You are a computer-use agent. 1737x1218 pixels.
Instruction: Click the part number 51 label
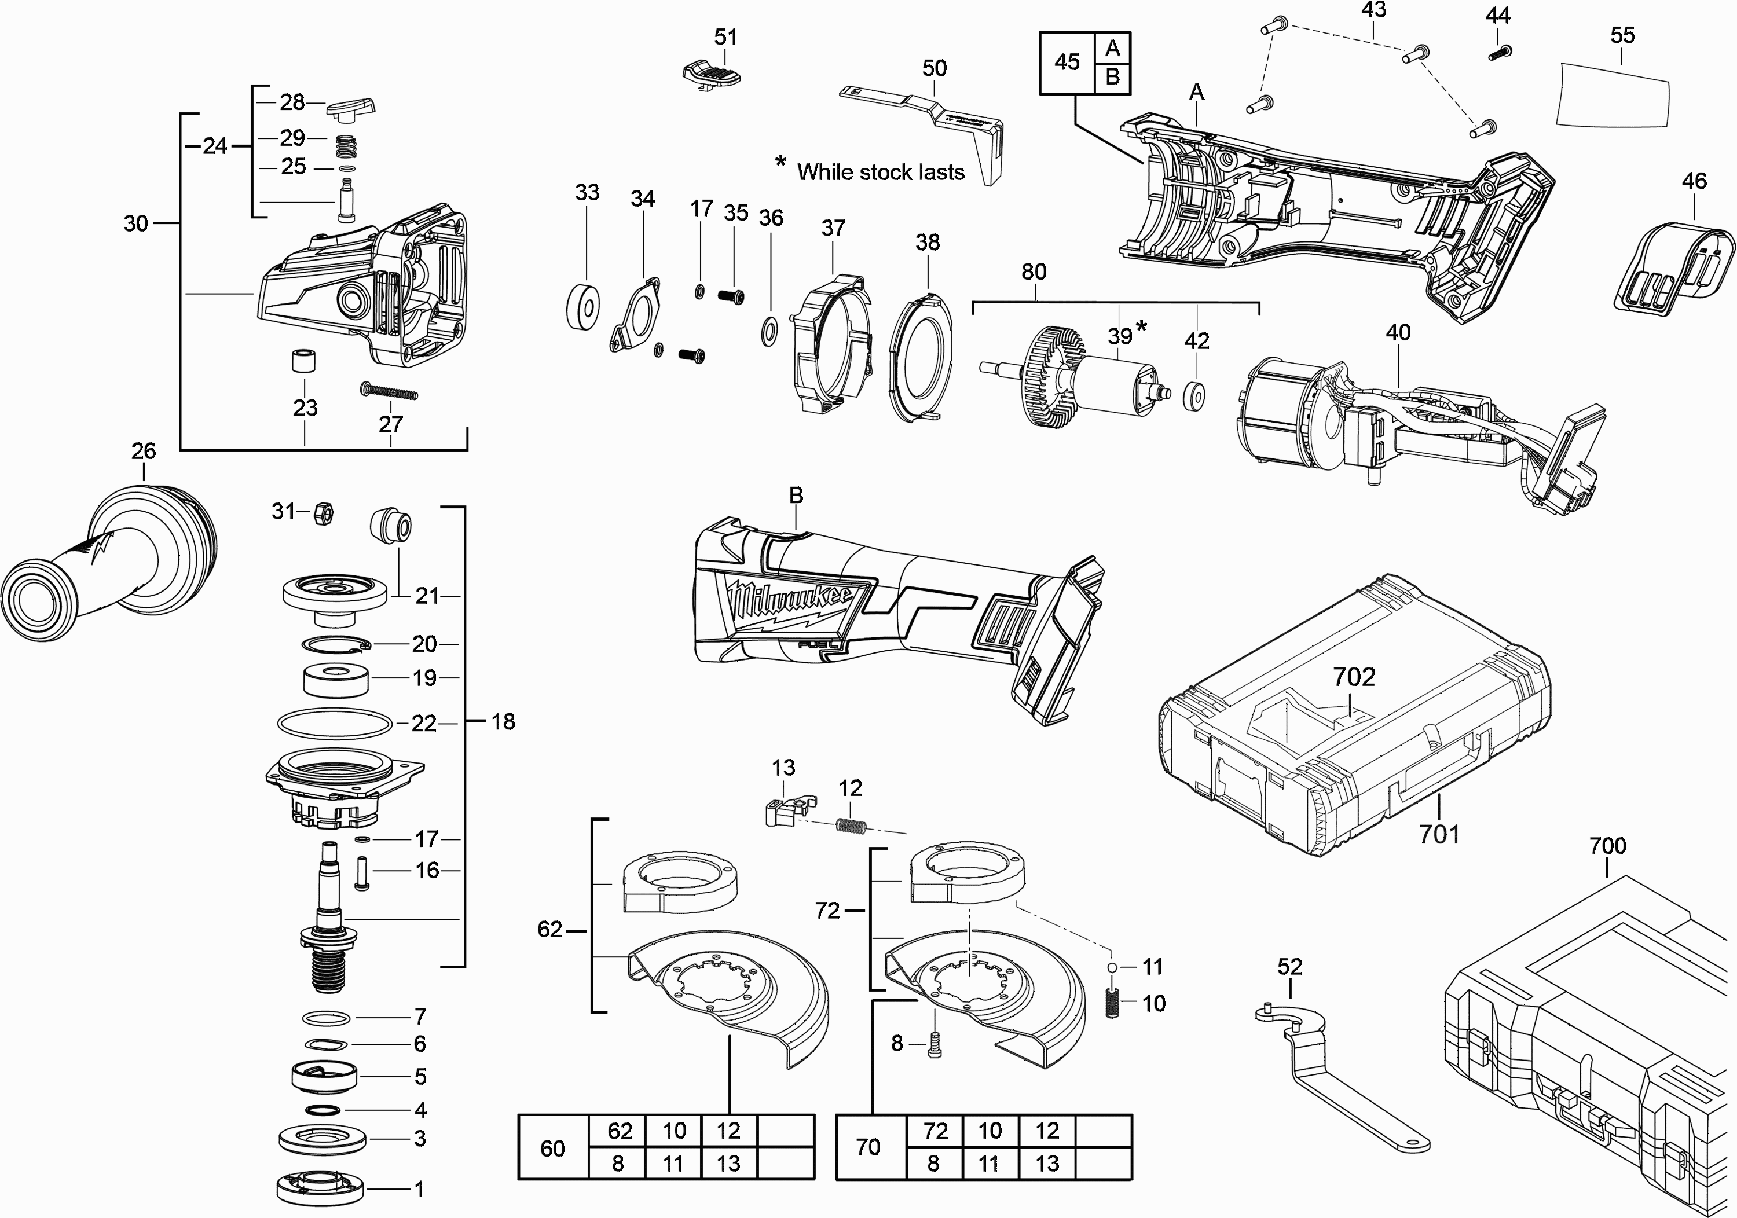(x=725, y=37)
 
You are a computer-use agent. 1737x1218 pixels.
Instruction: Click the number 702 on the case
(x=1354, y=676)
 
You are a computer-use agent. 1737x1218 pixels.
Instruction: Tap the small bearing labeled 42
(x=1194, y=397)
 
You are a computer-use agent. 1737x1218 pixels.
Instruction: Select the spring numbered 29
(x=345, y=146)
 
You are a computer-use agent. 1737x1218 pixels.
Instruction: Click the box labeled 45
(x=1067, y=62)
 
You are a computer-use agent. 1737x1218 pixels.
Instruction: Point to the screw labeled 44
(x=1497, y=53)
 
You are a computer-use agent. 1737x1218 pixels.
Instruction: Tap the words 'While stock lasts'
(x=881, y=173)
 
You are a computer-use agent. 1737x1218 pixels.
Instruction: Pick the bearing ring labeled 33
(x=583, y=306)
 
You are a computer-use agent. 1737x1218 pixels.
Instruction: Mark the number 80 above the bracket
(x=1034, y=272)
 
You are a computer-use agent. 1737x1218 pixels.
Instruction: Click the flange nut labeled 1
(x=321, y=1189)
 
